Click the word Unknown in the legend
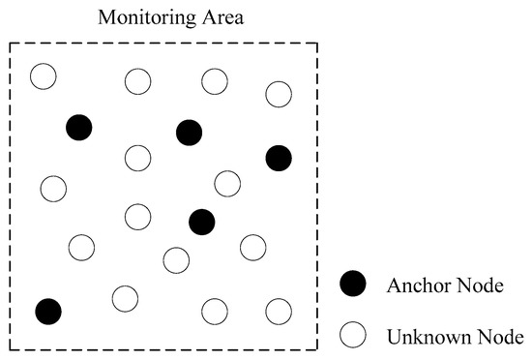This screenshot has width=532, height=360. (423, 337)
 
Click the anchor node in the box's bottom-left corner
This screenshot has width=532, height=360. (48, 312)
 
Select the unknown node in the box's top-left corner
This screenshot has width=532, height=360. (43, 75)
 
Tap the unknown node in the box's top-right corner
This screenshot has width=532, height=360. (279, 94)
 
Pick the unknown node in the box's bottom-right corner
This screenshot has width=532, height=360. (279, 312)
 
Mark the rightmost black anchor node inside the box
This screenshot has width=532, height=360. (279, 157)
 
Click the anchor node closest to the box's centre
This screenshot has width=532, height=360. (201, 222)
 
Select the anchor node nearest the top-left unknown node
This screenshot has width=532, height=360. (79, 127)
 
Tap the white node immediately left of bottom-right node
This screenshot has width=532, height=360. (214, 312)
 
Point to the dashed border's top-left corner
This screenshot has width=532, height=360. (10, 43)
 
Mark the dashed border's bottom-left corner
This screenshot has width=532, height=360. (10, 348)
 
